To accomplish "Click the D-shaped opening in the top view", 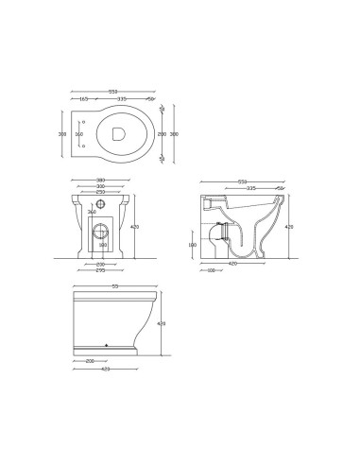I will pyautogui.click(x=118, y=134).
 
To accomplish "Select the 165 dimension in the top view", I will pyautogui.click(x=83, y=98).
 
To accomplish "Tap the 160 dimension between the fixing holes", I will pyautogui.click(x=78, y=134).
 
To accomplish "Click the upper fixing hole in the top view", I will pyautogui.click(x=85, y=123).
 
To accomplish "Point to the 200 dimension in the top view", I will pyautogui.click(x=162, y=134).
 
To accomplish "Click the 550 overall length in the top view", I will pyautogui.click(x=112, y=92).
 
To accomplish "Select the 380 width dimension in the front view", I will pyautogui.click(x=100, y=180).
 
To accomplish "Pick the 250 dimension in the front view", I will pyautogui.click(x=100, y=192).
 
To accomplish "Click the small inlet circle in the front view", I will pyautogui.click(x=101, y=204).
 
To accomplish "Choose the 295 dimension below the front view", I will pyautogui.click(x=100, y=270).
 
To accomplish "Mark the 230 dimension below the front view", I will pyautogui.click(x=100, y=264).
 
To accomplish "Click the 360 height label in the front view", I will pyautogui.click(x=92, y=212).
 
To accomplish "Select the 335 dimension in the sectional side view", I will pyautogui.click(x=250, y=187).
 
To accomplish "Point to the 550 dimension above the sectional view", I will pyautogui.click(x=242, y=181).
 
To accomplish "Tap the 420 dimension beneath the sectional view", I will pyautogui.click(x=232, y=264).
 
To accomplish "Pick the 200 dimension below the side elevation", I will pyautogui.click(x=90, y=360).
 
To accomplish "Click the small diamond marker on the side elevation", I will pyautogui.click(x=106, y=345).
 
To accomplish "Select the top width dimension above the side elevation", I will pyautogui.click(x=115, y=285).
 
